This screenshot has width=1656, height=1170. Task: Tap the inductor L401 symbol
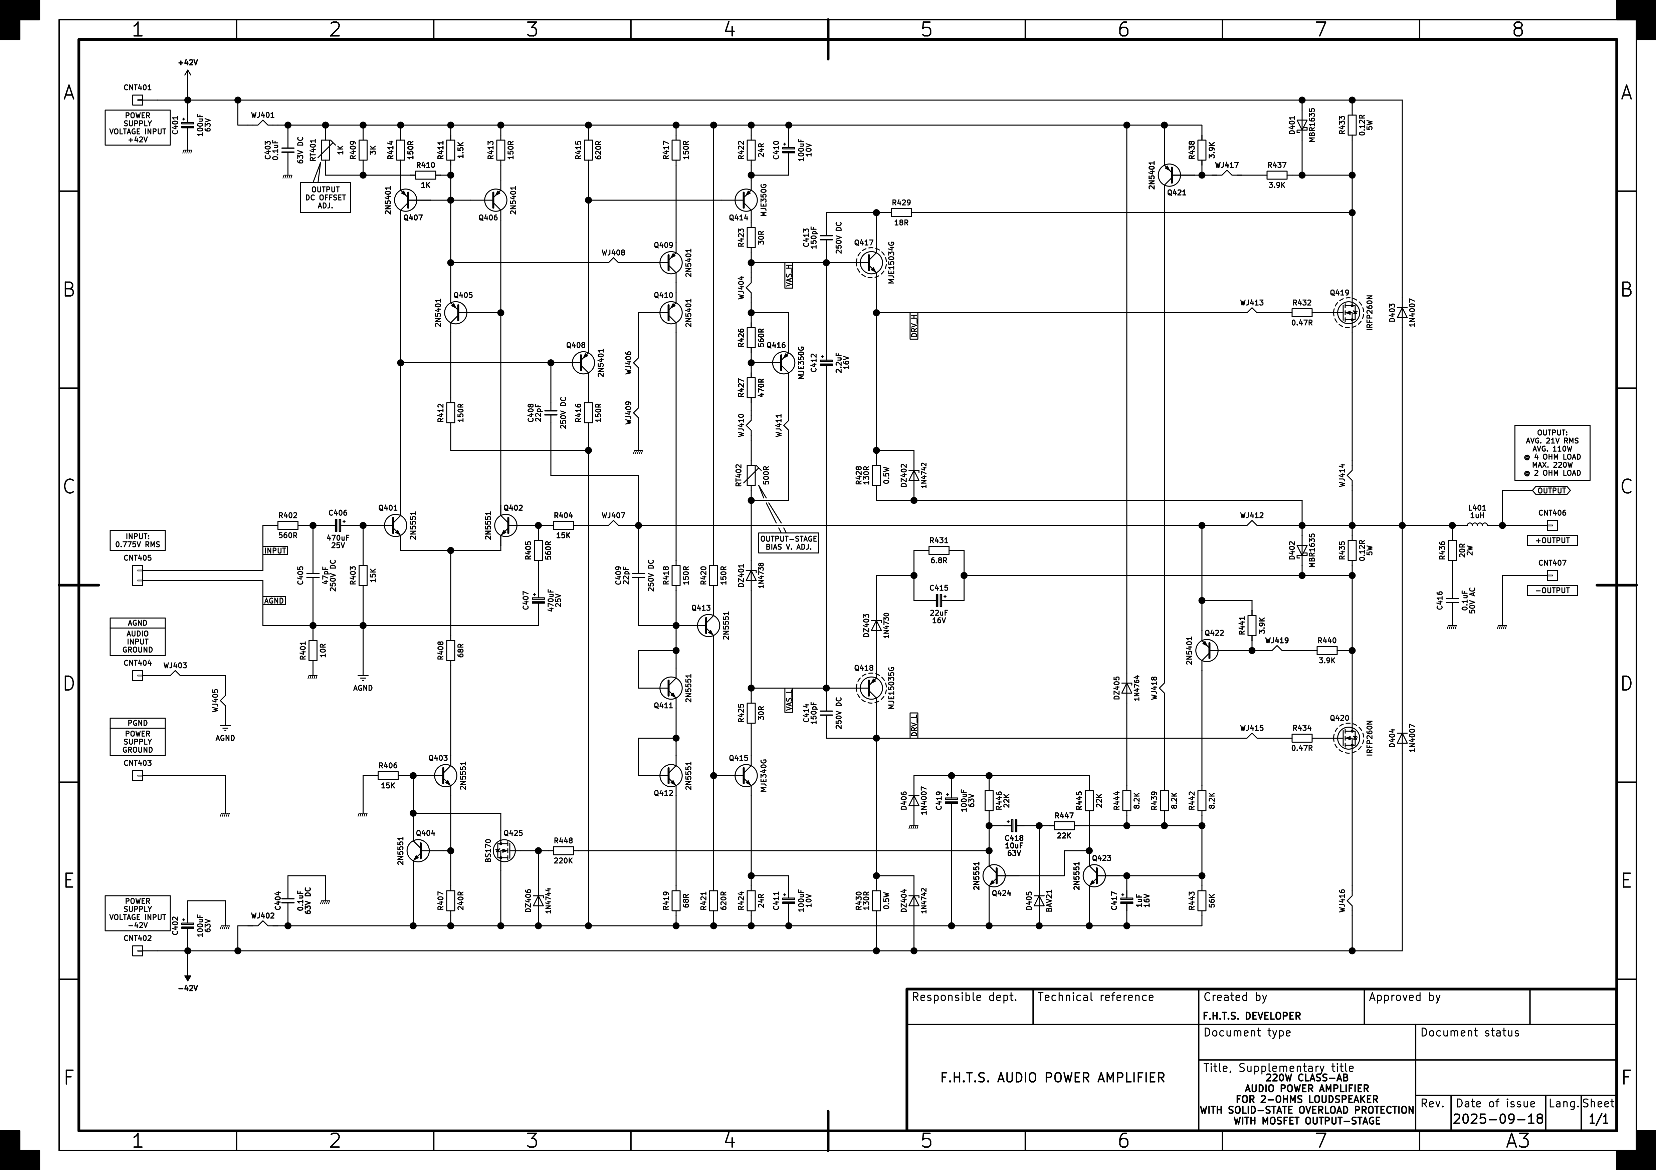pos(1476,525)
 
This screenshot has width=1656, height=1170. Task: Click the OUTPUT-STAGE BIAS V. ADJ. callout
pos(788,543)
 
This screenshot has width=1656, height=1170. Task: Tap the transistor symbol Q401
pos(395,525)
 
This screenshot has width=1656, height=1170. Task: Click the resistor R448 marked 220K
pos(563,851)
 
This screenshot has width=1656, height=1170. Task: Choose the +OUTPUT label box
pos(1552,540)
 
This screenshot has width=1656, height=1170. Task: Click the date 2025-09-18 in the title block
pos(1498,1119)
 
